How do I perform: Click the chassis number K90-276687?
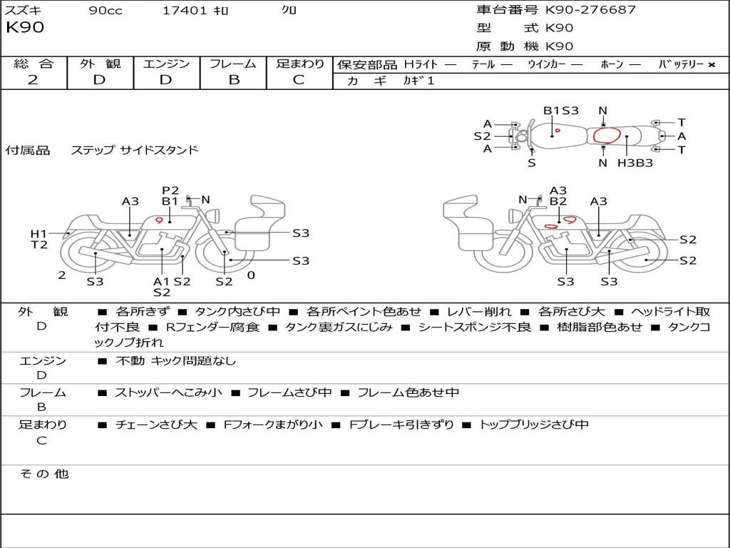coord(590,10)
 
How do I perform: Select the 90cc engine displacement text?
coord(105,11)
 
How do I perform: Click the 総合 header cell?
coord(34,64)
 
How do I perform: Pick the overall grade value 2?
coord(33,80)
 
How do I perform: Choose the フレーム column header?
coord(233,64)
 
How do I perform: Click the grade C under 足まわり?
coord(299,80)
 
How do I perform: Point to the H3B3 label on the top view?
coord(635,163)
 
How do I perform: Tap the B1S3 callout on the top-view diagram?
coord(561,111)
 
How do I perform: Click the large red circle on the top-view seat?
coord(606,136)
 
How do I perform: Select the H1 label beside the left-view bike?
coord(38,233)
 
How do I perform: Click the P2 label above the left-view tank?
coord(170,191)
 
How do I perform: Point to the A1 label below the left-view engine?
coord(162,281)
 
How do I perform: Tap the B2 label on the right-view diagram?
coord(558,202)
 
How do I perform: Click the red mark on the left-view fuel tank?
coord(160,220)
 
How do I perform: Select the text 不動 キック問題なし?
coord(175,361)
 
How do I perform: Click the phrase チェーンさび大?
coord(156,425)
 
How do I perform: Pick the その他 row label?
coord(43,474)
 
